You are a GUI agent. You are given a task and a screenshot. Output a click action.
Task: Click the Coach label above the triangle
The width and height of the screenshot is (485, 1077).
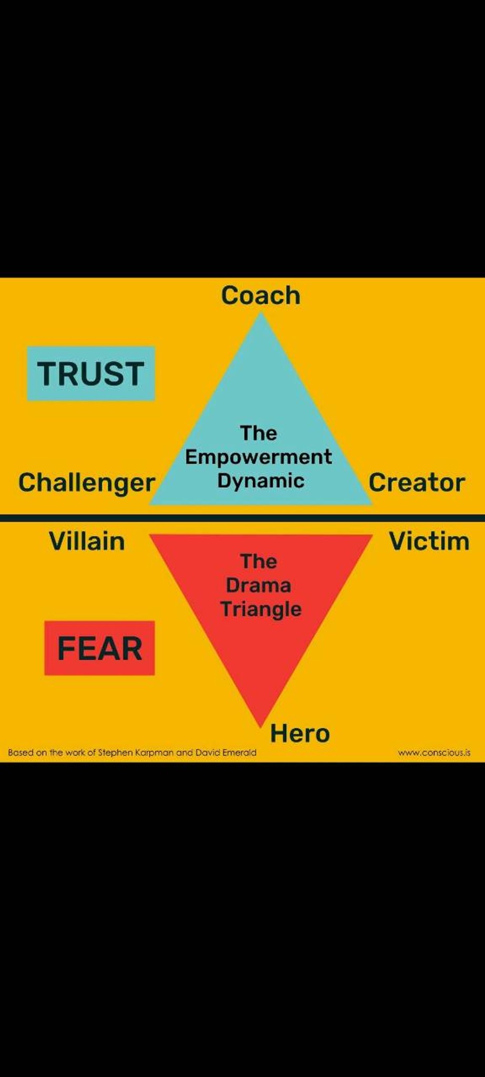tap(261, 295)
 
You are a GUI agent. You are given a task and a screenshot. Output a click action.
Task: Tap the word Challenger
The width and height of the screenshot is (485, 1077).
tap(87, 483)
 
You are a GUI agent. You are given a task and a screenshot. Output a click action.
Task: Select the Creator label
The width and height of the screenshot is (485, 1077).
tap(417, 482)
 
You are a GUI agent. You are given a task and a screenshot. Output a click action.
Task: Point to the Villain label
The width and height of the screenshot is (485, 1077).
tap(87, 541)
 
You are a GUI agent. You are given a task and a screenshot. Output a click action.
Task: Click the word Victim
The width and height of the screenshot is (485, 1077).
tap(429, 541)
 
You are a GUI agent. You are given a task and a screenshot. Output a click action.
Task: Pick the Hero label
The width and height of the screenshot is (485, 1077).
tap(300, 733)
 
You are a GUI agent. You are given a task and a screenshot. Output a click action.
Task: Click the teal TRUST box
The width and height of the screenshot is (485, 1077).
tap(91, 373)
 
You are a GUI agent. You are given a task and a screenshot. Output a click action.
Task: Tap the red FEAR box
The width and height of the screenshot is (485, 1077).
tap(99, 648)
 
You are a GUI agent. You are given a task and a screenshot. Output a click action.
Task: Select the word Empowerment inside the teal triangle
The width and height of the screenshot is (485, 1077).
tap(258, 457)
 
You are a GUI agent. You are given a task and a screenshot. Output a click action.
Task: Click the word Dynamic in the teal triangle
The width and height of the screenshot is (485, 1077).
tap(261, 481)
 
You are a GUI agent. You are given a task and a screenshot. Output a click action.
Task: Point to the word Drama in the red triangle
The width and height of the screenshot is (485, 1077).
tap(258, 585)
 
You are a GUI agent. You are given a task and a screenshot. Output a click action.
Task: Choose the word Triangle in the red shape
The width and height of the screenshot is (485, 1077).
tap(261, 609)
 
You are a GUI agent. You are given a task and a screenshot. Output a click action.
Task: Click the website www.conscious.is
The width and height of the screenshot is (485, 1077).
tap(434, 753)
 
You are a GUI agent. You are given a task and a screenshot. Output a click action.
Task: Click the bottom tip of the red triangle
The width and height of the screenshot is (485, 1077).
tap(261, 728)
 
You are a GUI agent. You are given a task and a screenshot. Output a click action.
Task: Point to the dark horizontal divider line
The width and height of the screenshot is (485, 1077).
tap(242, 518)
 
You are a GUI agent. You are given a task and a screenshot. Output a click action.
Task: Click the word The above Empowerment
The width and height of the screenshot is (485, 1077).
tap(258, 433)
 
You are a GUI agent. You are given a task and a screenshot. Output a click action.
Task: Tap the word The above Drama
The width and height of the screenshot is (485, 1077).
tap(258, 562)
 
